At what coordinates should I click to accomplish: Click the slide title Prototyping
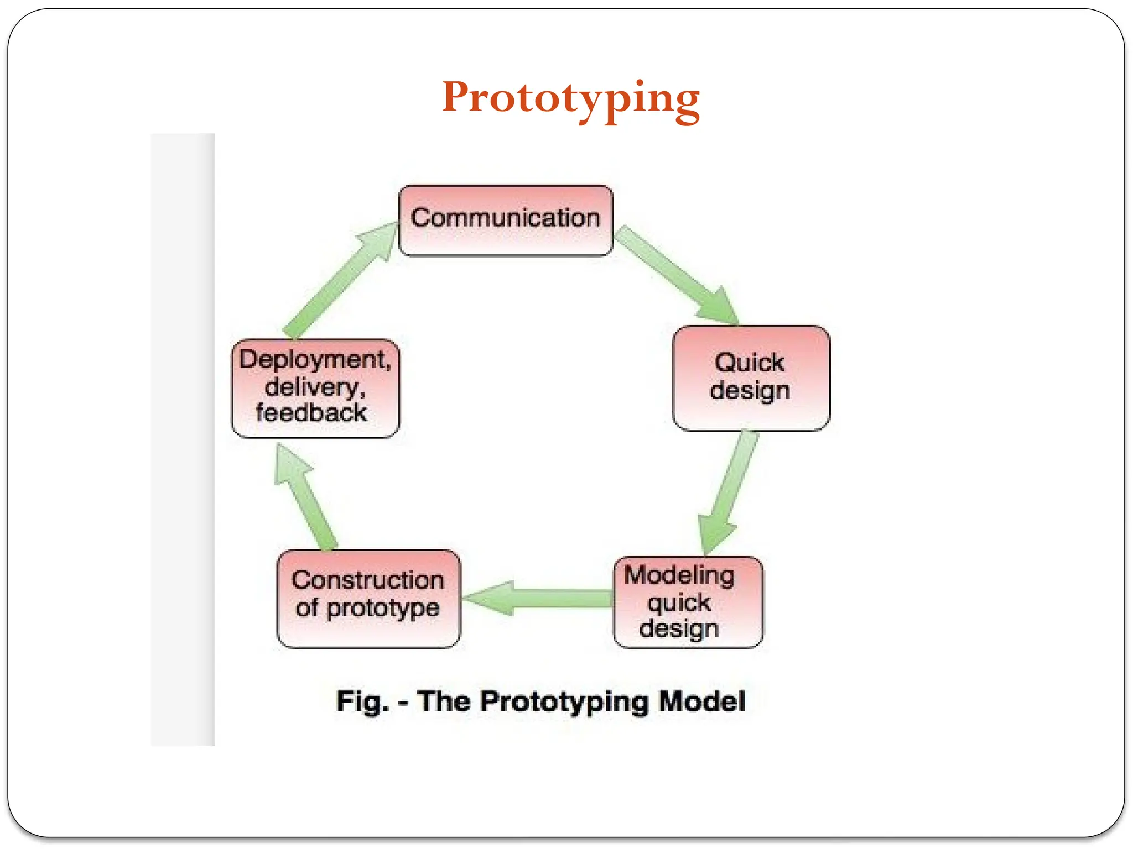tap(570, 98)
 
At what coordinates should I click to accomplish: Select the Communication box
tap(505, 220)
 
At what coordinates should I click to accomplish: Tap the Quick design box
tap(751, 378)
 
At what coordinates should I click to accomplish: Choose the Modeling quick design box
tap(688, 602)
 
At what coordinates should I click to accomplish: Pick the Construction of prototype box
tap(368, 599)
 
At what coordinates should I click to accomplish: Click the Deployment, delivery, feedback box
tap(315, 388)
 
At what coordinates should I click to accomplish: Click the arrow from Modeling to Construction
tap(537, 598)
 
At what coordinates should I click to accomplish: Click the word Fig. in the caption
tap(362, 702)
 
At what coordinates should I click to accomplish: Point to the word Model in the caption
tap(702, 702)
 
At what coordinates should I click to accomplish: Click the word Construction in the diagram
tap(368, 580)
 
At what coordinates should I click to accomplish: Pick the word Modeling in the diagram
tap(679, 575)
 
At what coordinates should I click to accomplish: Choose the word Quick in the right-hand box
tap(750, 363)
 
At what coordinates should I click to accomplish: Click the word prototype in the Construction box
tap(383, 609)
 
